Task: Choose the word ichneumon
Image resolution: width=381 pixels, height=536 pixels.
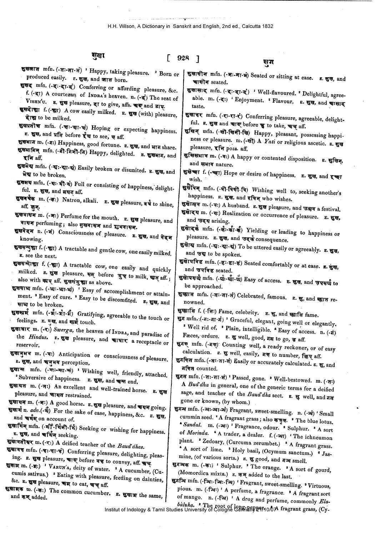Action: tap(316, 437)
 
